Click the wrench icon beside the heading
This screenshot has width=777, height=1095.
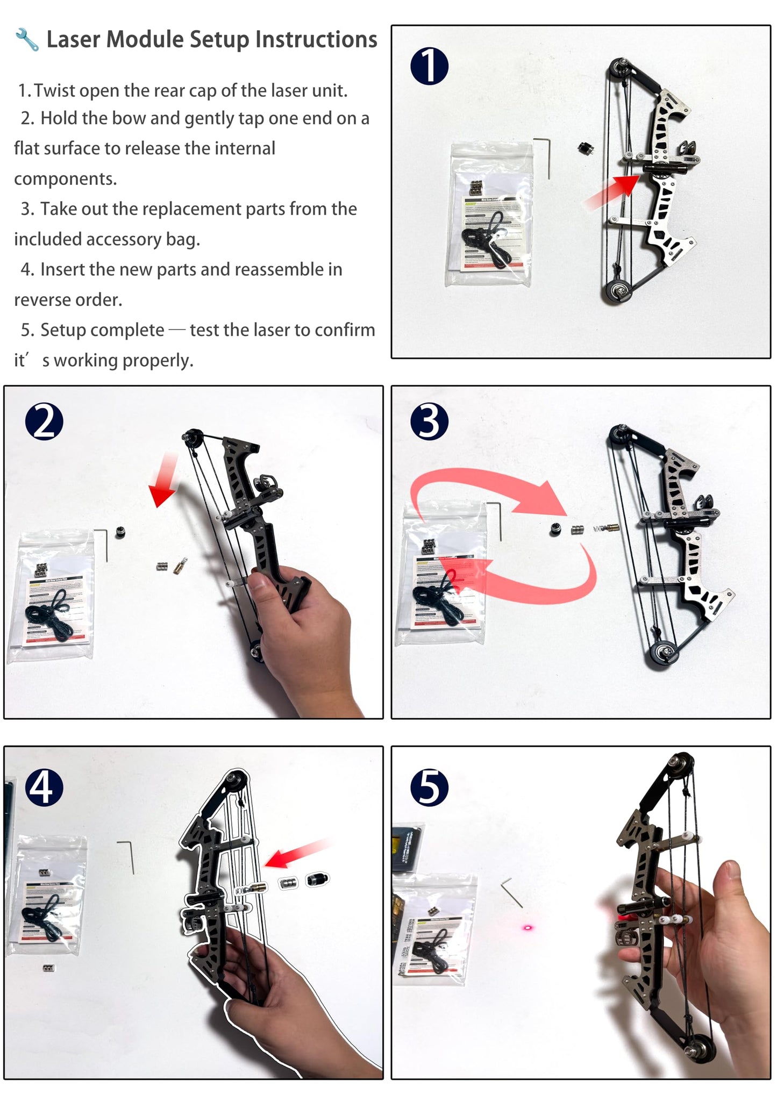(26, 40)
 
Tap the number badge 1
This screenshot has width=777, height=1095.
(429, 66)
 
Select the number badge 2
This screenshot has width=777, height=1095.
(44, 422)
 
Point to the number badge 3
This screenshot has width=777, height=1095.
(429, 422)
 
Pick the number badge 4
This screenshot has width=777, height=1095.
(44, 787)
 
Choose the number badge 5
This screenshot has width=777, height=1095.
(429, 787)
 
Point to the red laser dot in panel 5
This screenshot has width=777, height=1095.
(527, 928)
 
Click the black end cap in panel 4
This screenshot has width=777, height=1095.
(317, 880)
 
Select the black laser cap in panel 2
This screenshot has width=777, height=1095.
(120, 532)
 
